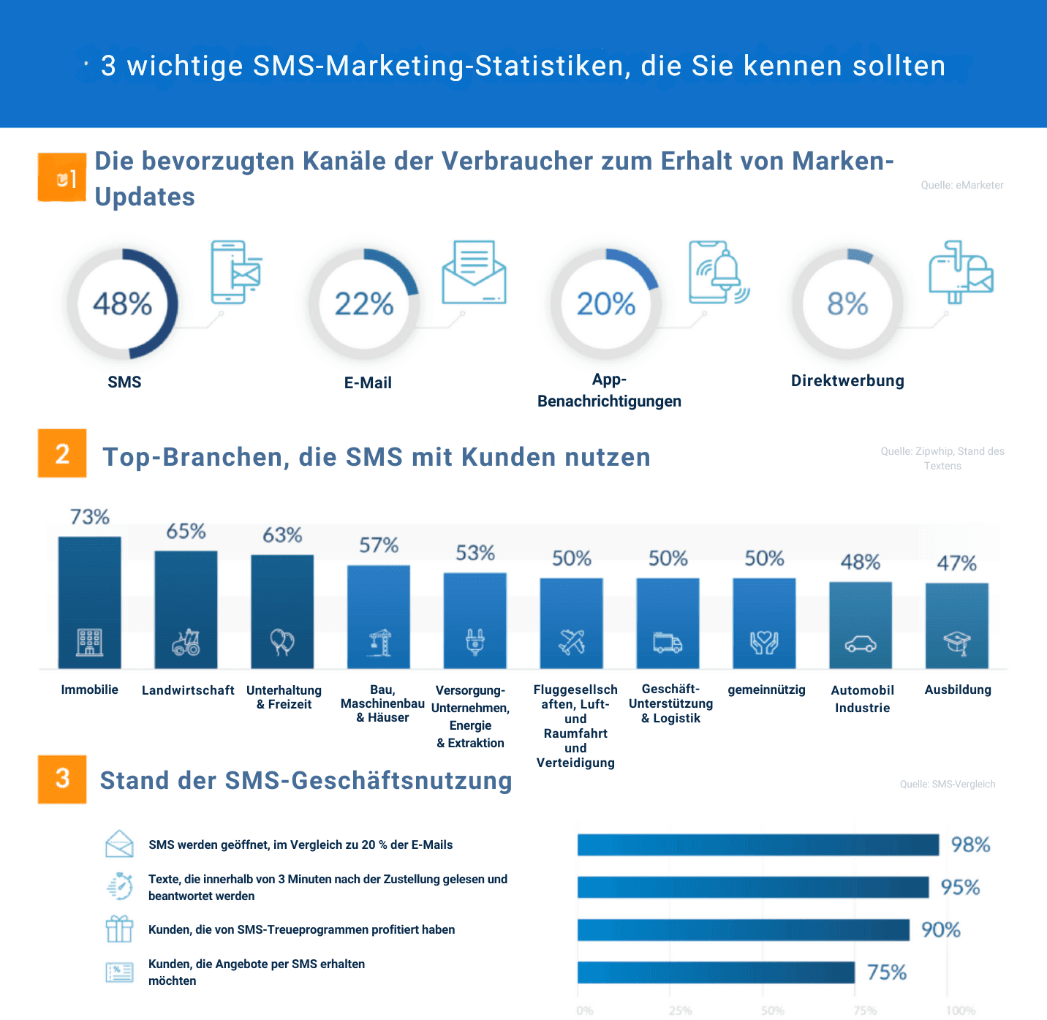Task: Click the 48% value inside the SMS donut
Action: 122,303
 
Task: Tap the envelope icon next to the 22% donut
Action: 474,273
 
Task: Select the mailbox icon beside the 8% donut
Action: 960,272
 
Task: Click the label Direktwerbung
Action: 847,381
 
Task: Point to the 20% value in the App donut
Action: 605,303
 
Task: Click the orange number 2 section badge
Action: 62,453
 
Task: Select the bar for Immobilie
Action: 89,602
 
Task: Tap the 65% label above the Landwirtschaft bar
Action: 186,531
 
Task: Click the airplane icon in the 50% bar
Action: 572,642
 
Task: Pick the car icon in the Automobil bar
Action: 861,644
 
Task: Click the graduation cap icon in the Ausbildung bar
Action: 956,643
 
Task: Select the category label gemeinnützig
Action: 766,690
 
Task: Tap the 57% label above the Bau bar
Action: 379,545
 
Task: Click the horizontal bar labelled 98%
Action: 757,845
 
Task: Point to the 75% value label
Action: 886,972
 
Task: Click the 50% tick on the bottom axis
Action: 772,1010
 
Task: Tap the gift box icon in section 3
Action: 119,929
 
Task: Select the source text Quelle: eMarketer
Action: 961,185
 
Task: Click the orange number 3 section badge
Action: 62,779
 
